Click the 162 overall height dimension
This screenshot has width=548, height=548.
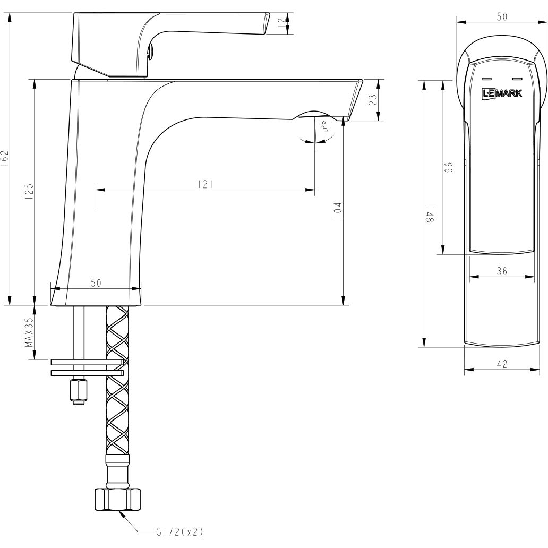point(5,158)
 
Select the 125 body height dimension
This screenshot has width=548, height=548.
point(29,191)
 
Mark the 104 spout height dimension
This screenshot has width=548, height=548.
point(338,211)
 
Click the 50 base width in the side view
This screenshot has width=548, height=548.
point(96,283)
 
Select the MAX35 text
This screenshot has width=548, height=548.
point(29,332)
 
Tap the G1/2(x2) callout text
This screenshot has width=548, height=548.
point(179,532)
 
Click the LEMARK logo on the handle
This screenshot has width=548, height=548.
point(502,93)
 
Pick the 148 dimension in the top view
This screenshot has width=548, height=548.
point(429,214)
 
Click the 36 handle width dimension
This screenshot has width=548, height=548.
point(502,271)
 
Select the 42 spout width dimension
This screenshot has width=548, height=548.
point(502,364)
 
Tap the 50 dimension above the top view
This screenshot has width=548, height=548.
point(502,16)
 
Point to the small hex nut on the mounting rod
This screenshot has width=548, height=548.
point(78,391)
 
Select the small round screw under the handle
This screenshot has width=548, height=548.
point(150,52)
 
